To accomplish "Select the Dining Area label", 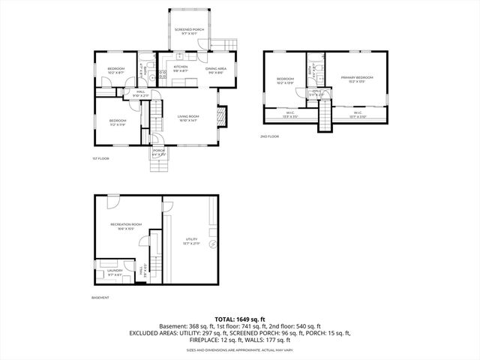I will (216, 70).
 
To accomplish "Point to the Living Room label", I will (187, 118).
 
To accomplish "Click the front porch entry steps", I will (160, 167).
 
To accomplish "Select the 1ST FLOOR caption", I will (100, 159).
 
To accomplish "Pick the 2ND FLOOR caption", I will (270, 136).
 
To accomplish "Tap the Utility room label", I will (191, 241).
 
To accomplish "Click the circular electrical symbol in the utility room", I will (213, 244).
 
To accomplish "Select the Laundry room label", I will (114, 271).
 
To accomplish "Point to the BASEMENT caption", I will (100, 298).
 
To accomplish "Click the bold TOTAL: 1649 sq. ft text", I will (240, 319).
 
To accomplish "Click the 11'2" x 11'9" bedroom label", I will (117, 121).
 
